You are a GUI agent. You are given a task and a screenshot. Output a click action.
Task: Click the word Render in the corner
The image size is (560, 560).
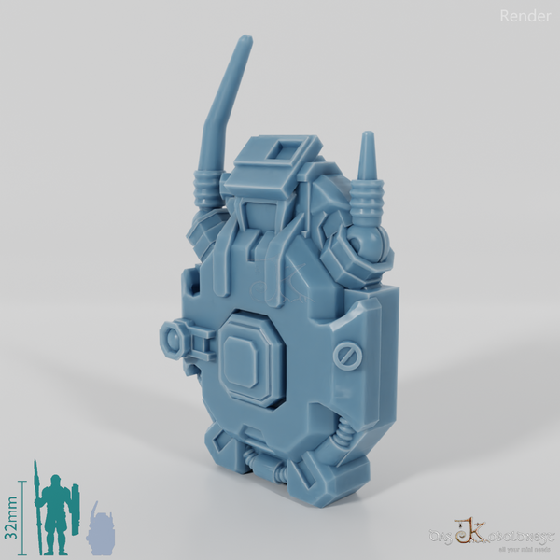(525, 15)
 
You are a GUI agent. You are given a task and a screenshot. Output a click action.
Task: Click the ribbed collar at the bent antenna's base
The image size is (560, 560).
(206, 186)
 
